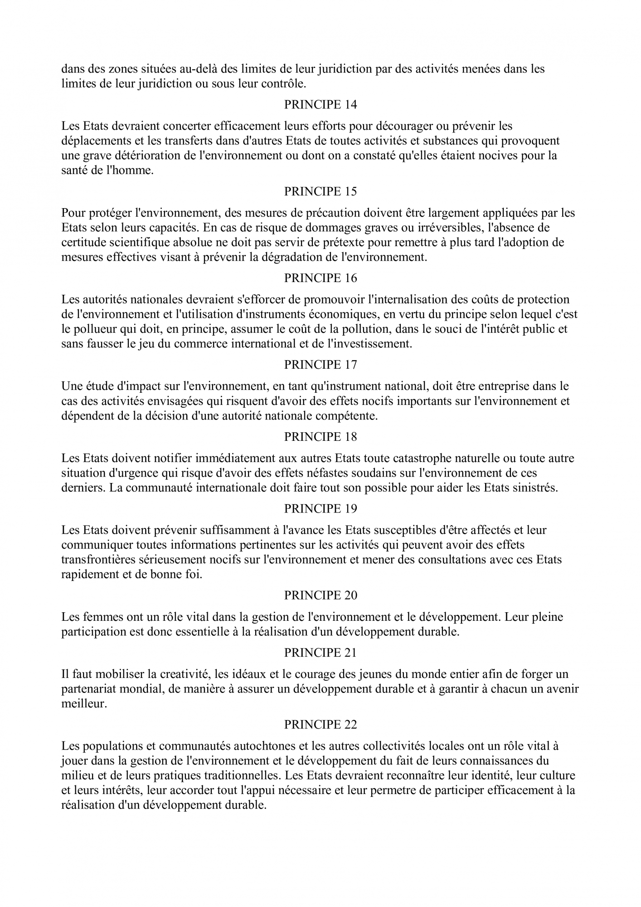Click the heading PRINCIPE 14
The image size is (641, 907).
[320, 105]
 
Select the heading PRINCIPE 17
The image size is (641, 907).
[320, 365]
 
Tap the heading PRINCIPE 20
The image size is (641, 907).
[320, 595]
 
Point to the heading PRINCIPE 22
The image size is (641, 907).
[320, 725]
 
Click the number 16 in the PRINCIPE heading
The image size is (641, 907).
[351, 278]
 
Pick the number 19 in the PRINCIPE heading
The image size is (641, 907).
[351, 509]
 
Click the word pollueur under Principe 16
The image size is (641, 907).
[95, 329]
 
